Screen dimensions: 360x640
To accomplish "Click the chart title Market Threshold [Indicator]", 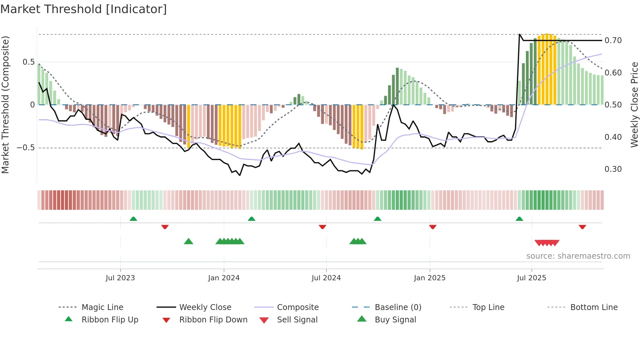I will click(84, 9).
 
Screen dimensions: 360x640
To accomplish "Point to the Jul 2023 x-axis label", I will click(120, 278).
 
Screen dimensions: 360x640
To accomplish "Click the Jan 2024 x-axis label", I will click(224, 278).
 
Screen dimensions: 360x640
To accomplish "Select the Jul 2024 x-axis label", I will click(326, 278).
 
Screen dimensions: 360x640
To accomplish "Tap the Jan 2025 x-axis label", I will click(429, 278).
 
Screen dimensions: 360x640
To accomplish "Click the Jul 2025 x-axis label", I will click(531, 278).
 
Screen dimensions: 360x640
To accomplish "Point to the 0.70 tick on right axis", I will click(613, 41).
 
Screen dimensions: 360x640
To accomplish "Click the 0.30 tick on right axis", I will click(613, 169).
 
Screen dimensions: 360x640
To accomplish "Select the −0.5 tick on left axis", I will click(25, 148).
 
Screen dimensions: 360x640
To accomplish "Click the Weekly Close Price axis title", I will click(634, 105).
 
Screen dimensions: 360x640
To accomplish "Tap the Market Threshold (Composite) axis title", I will click(5, 105).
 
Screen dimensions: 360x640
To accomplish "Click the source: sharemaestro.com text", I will click(578, 256).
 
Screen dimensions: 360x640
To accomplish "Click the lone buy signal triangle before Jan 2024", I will click(188, 241).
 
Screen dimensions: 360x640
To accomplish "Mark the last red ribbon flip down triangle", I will click(582, 227).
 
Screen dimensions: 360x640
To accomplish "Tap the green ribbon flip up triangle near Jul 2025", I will click(519, 219).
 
